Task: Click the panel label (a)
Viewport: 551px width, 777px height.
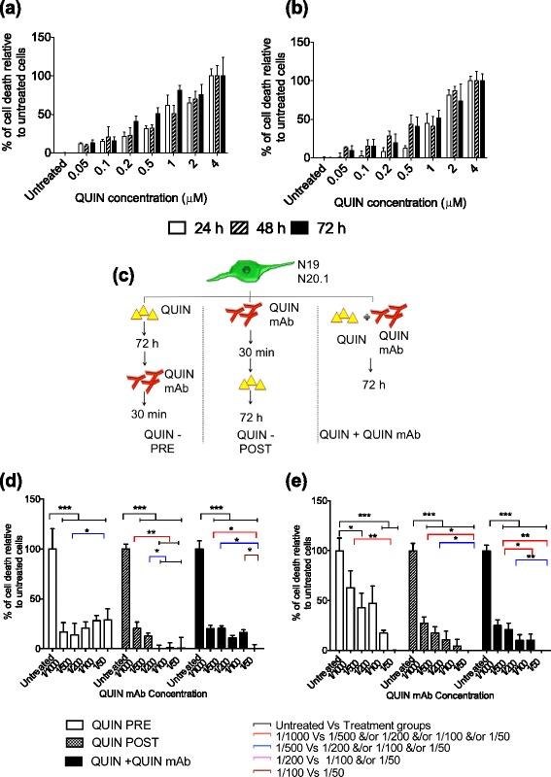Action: pyautogui.click(x=18, y=12)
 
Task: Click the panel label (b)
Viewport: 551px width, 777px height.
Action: pyautogui.click(x=287, y=12)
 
